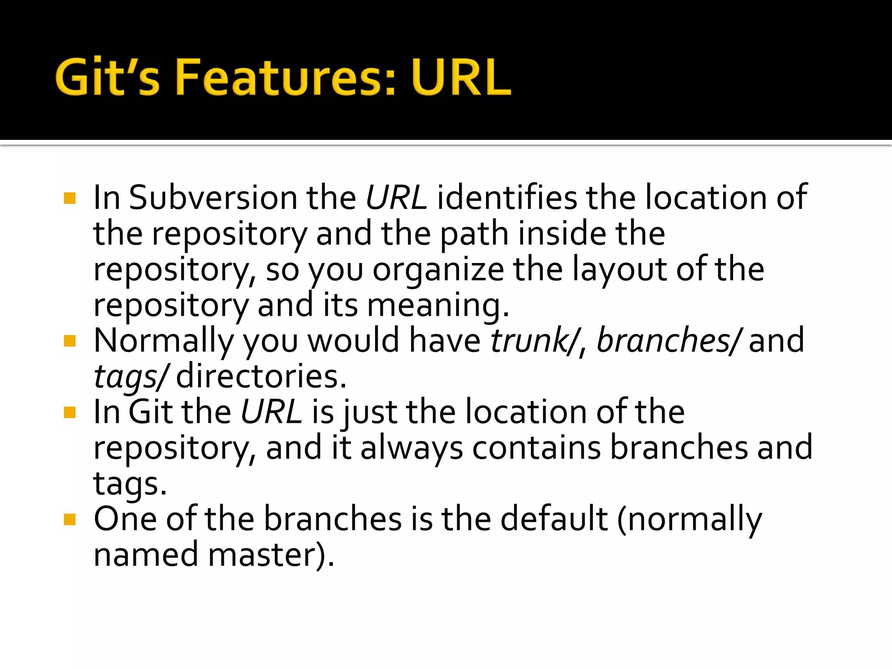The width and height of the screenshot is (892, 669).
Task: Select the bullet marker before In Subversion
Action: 70,198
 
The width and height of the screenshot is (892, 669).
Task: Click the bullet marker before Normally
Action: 70,341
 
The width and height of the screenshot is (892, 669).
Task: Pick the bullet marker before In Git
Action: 70,412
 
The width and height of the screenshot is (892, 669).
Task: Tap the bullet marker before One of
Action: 70,519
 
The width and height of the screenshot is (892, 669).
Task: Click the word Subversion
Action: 213,198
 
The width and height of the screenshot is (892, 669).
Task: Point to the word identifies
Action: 507,198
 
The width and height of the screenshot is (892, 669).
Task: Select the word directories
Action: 261,376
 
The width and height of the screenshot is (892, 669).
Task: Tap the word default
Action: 554,519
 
